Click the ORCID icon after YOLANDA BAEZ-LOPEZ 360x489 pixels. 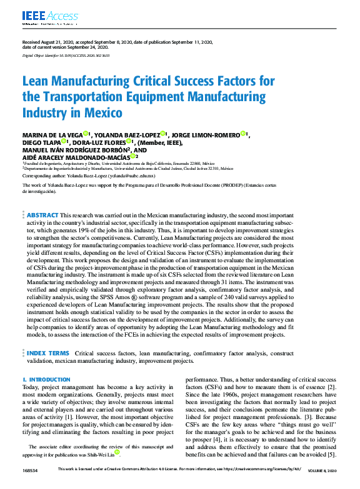pyautogui.click(x=162, y=134)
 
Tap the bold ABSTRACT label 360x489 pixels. pyautogui.click(x=42, y=214)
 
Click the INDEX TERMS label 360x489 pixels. pyautogui.click(x=47, y=353)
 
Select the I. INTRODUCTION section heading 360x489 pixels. pyautogui.click(x=46, y=380)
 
